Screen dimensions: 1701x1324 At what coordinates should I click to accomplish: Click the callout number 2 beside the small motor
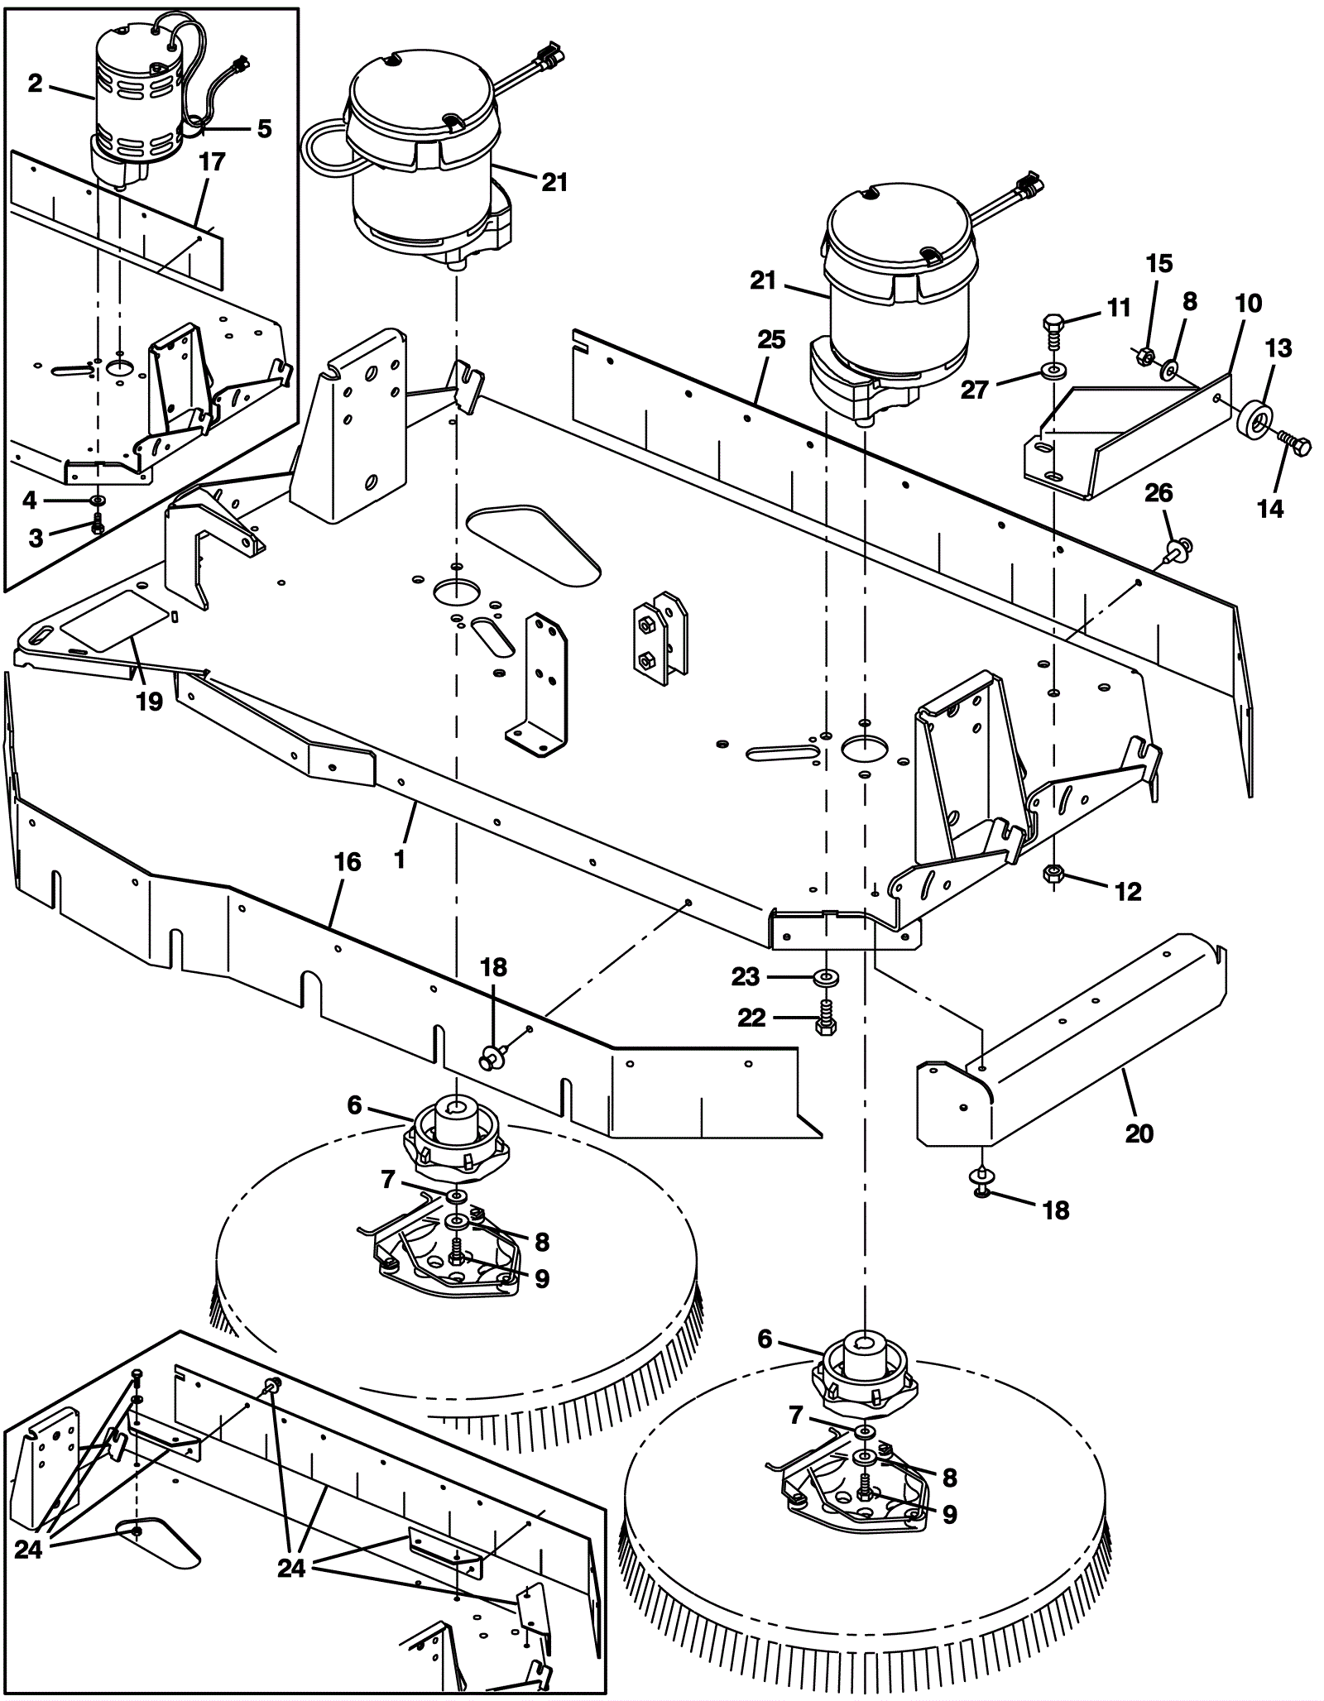click(x=35, y=84)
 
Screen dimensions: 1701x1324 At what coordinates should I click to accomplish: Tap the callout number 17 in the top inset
click(x=213, y=161)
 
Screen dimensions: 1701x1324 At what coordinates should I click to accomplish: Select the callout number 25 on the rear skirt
click(x=771, y=340)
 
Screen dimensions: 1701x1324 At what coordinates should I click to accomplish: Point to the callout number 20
click(x=1139, y=1132)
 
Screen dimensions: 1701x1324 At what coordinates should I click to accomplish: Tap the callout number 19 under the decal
click(x=150, y=702)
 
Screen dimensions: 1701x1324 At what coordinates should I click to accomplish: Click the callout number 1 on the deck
click(x=400, y=860)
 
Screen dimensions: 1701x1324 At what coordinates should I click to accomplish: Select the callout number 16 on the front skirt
click(x=348, y=862)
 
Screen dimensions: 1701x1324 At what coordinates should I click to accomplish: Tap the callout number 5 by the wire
click(x=264, y=129)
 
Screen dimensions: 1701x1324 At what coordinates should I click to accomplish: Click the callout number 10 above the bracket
click(x=1248, y=304)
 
